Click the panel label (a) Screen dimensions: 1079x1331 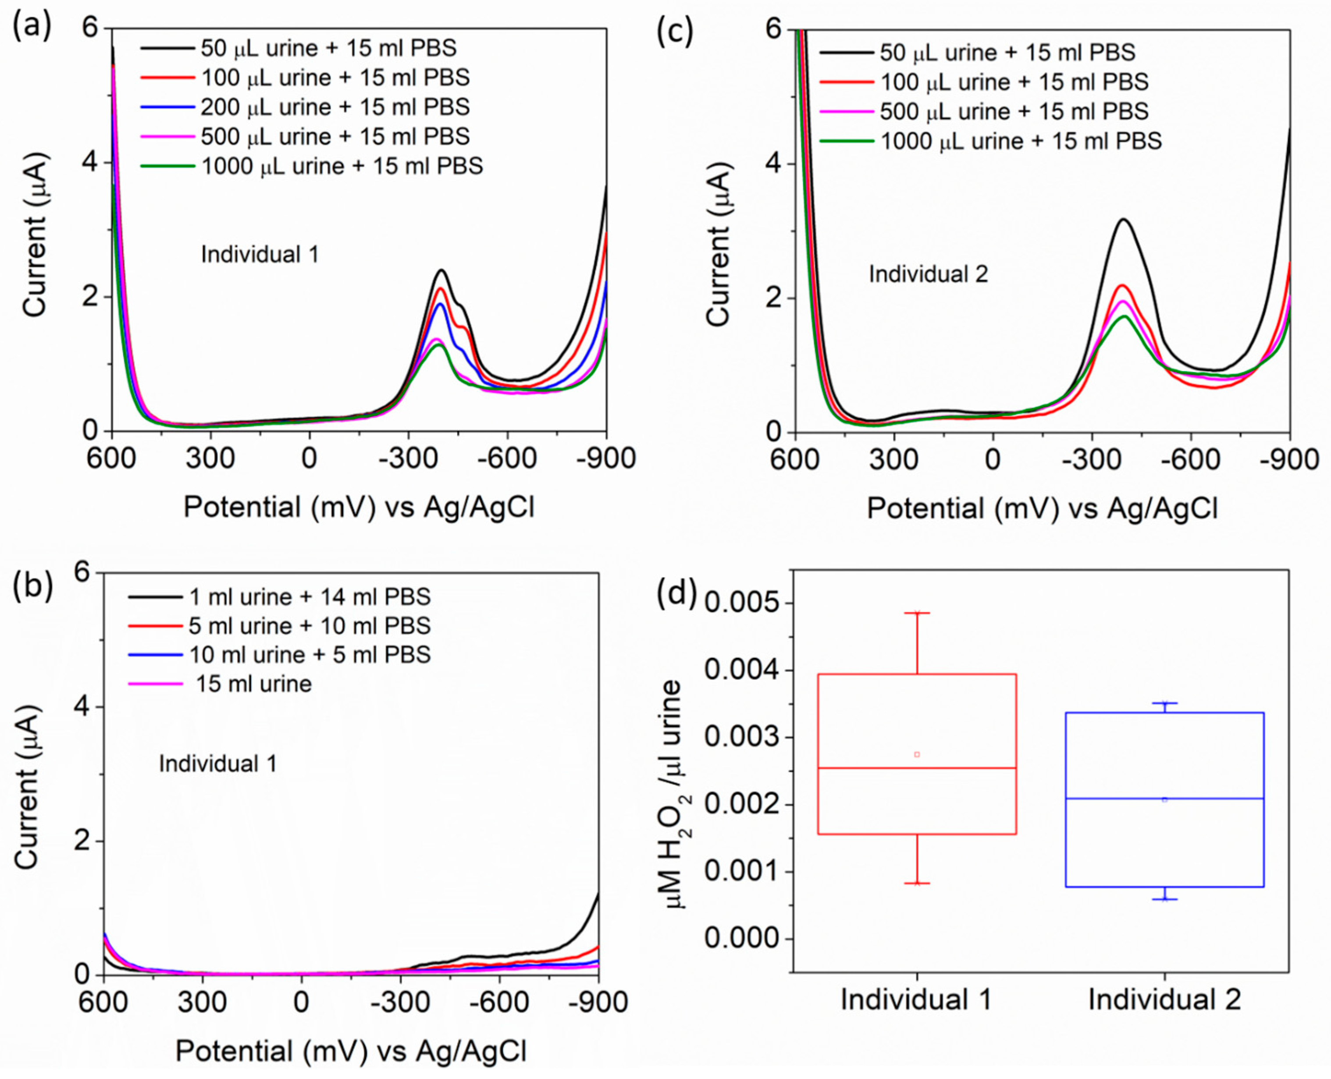(x=32, y=27)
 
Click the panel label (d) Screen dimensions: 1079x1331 (x=676, y=593)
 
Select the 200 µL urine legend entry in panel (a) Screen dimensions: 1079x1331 (x=335, y=107)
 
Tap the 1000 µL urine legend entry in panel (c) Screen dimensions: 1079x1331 (x=1020, y=141)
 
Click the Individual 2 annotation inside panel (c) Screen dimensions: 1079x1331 (x=928, y=274)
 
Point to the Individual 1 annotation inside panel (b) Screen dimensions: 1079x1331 (x=217, y=763)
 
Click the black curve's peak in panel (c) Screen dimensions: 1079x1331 (x=1123, y=220)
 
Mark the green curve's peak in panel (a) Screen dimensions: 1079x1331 (x=439, y=345)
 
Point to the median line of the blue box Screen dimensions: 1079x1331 (x=1164, y=799)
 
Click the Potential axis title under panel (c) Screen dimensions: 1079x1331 (x=1042, y=508)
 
